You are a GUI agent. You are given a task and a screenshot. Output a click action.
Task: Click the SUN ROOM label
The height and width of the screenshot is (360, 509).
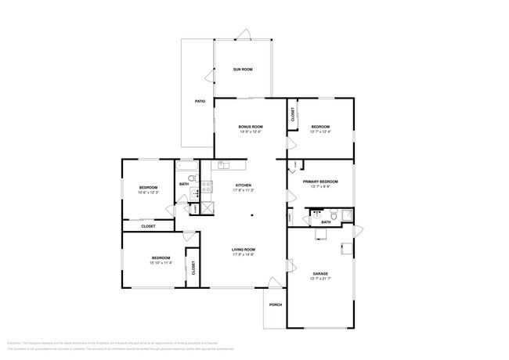tap(243, 70)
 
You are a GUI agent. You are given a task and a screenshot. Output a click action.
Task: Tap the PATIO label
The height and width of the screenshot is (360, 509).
tap(200, 102)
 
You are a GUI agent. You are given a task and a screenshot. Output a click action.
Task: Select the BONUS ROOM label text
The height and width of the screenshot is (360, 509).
tap(251, 127)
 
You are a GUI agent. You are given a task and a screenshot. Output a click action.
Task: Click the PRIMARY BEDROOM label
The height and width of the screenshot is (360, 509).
tap(320, 181)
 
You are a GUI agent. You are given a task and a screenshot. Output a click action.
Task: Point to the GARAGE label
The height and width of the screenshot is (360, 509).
tap(320, 273)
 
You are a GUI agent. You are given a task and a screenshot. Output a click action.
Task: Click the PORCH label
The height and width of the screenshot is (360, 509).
tap(275, 305)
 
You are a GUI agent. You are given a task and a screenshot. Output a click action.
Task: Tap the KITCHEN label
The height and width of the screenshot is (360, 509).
tap(242, 185)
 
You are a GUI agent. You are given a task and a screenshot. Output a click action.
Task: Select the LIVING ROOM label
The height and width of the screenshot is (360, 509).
tap(242, 250)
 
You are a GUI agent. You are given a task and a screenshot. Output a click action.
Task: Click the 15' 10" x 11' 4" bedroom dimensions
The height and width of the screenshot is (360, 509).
tap(161, 263)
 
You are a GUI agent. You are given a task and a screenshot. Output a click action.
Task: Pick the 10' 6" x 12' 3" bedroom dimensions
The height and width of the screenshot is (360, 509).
tap(149, 193)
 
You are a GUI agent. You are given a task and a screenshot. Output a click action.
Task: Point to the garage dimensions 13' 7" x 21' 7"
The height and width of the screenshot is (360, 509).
tap(320, 279)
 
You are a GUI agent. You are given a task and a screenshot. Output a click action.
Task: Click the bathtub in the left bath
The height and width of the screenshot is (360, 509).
tap(188, 167)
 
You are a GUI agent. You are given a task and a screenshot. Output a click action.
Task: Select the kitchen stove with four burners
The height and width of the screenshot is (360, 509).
tap(207, 187)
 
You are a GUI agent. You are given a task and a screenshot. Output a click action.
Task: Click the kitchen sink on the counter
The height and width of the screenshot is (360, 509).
tap(223, 165)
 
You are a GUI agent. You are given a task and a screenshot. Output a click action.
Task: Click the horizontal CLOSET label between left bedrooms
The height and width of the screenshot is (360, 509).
tap(148, 226)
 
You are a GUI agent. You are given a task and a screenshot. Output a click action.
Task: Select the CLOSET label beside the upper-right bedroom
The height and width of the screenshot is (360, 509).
tap(293, 115)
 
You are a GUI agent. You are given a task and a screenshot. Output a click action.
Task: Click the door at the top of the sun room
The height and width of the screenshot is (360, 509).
tap(244, 34)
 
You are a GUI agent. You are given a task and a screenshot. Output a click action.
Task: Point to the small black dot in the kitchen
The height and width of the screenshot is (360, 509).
tap(252, 215)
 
